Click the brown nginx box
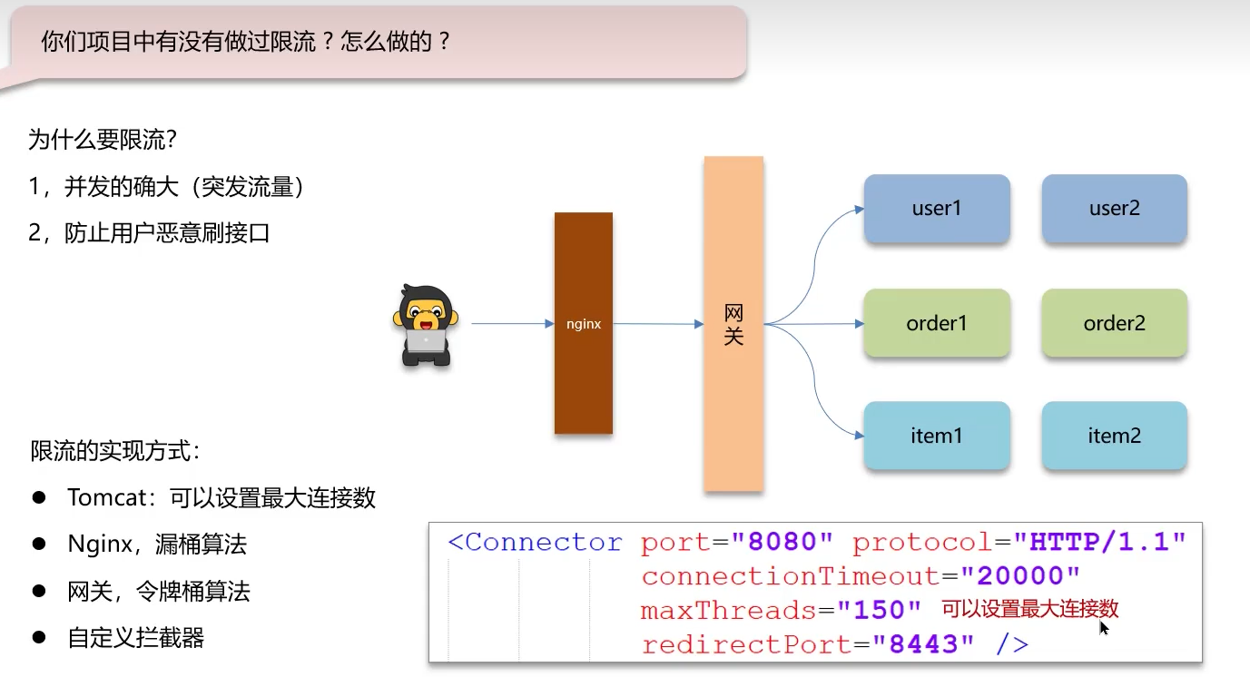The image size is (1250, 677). tap(584, 323)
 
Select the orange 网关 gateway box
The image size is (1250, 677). tap(733, 324)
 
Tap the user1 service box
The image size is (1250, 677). tap(937, 209)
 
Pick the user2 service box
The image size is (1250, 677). tap(1114, 209)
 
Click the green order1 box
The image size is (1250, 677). tap(937, 323)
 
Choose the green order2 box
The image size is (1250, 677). tap(1114, 323)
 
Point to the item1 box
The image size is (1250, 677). tap(937, 436)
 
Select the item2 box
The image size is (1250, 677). tap(1114, 436)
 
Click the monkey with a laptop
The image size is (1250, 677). tap(425, 325)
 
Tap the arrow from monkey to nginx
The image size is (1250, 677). tap(512, 323)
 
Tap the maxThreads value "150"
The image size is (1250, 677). tap(878, 610)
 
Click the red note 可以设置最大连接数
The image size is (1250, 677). tap(1029, 609)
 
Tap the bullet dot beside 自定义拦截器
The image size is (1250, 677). tap(39, 637)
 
